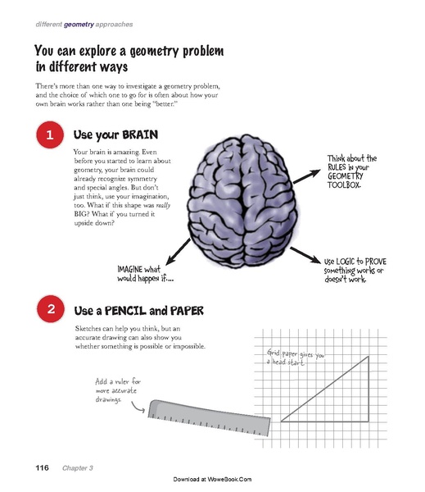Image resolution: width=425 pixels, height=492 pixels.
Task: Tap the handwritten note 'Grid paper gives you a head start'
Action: tap(296, 358)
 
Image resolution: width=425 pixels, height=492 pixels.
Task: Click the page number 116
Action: tap(42, 467)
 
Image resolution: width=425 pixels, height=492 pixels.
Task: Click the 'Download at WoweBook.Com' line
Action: tap(212, 478)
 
